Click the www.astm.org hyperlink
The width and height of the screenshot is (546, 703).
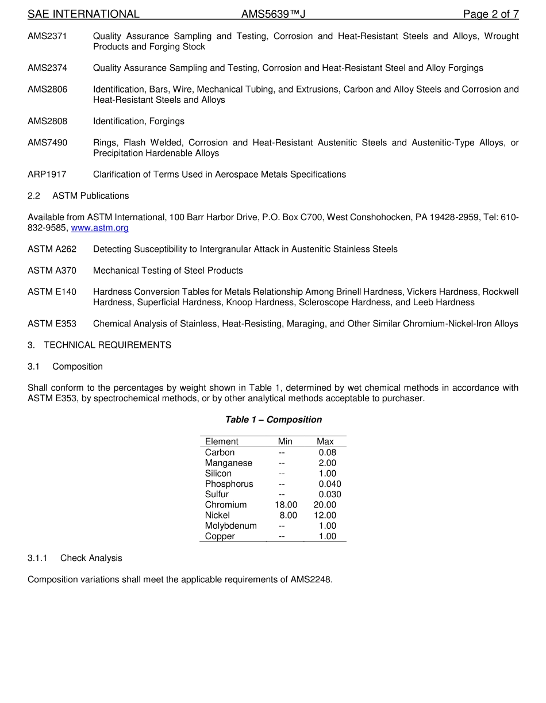tap(99, 228)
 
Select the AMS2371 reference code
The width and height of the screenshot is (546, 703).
tap(47, 36)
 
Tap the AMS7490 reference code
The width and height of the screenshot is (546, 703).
tap(47, 143)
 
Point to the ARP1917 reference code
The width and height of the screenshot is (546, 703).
tap(47, 174)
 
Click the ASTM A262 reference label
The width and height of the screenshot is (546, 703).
tap(52, 249)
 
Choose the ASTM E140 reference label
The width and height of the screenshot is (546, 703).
tap(52, 292)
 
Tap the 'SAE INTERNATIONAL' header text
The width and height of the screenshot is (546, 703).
tap(83, 14)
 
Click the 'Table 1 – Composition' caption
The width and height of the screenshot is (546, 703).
tap(273, 420)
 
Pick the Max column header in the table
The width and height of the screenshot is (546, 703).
tap(325, 441)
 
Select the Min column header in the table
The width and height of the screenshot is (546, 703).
tap(285, 441)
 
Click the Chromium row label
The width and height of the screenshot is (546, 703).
tap(226, 505)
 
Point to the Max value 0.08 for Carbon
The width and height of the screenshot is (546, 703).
tap(328, 452)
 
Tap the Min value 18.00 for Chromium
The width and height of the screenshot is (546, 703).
tap(286, 505)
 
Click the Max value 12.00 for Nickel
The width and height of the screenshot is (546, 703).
tap(325, 516)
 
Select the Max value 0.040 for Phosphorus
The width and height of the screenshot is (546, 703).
tap(330, 484)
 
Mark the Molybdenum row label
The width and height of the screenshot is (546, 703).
tap(231, 526)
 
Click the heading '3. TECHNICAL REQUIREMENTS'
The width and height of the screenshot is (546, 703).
tap(99, 345)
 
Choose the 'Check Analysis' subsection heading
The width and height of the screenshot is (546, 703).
tap(91, 558)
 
